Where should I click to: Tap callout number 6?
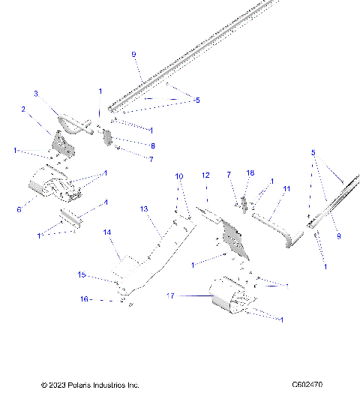[19, 210]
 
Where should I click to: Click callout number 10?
[179, 176]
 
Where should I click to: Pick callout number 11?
[286, 190]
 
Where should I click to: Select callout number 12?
[205, 175]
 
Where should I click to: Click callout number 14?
[107, 233]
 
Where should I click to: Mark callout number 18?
[250, 173]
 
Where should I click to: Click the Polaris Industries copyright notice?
[90, 385]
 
